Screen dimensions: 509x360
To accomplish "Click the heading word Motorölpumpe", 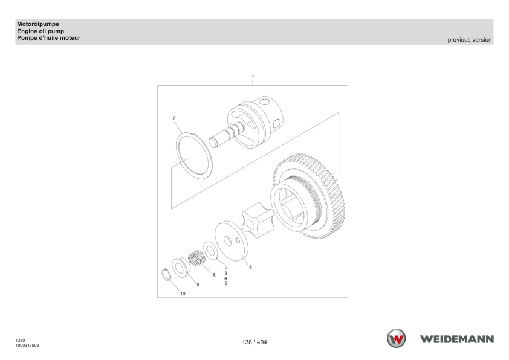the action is click(38, 24).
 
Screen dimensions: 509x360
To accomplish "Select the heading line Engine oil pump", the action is click(41, 31).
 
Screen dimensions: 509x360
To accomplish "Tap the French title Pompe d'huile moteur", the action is click(49, 38).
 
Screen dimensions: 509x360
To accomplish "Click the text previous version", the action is click(469, 40).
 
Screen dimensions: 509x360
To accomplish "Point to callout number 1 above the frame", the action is click(253, 77).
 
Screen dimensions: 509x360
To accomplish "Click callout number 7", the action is click(174, 118).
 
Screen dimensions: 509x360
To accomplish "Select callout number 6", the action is click(250, 267).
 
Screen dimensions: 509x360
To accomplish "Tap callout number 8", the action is click(214, 275).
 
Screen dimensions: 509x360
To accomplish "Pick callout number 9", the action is click(198, 284).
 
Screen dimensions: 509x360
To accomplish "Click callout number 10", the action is click(183, 294).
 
